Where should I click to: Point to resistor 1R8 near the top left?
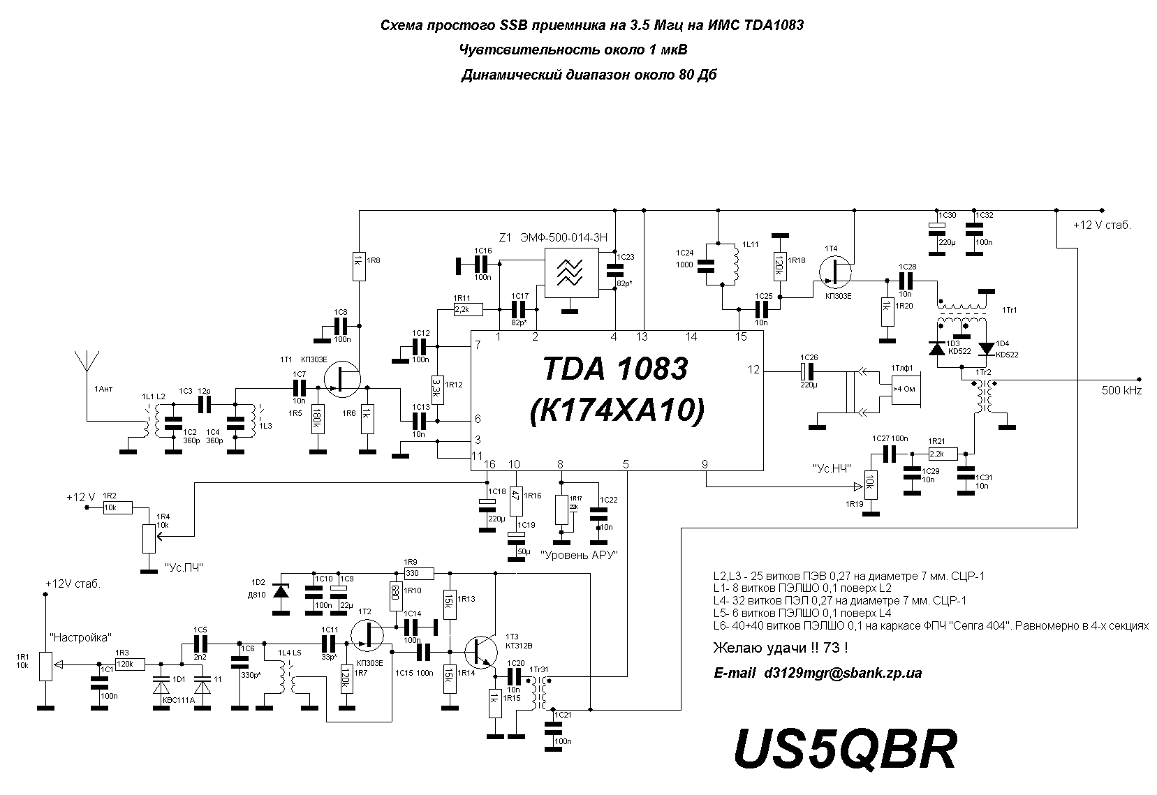(358, 265)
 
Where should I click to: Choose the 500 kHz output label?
(1121, 391)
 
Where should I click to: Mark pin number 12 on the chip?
(753, 370)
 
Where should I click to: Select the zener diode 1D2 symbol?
(281, 591)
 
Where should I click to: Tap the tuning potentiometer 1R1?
(45, 666)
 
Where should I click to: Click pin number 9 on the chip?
(705, 464)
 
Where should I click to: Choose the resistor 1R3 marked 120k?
(130, 664)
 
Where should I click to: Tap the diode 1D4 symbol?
(985, 348)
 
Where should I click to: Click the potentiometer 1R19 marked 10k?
(870, 482)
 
